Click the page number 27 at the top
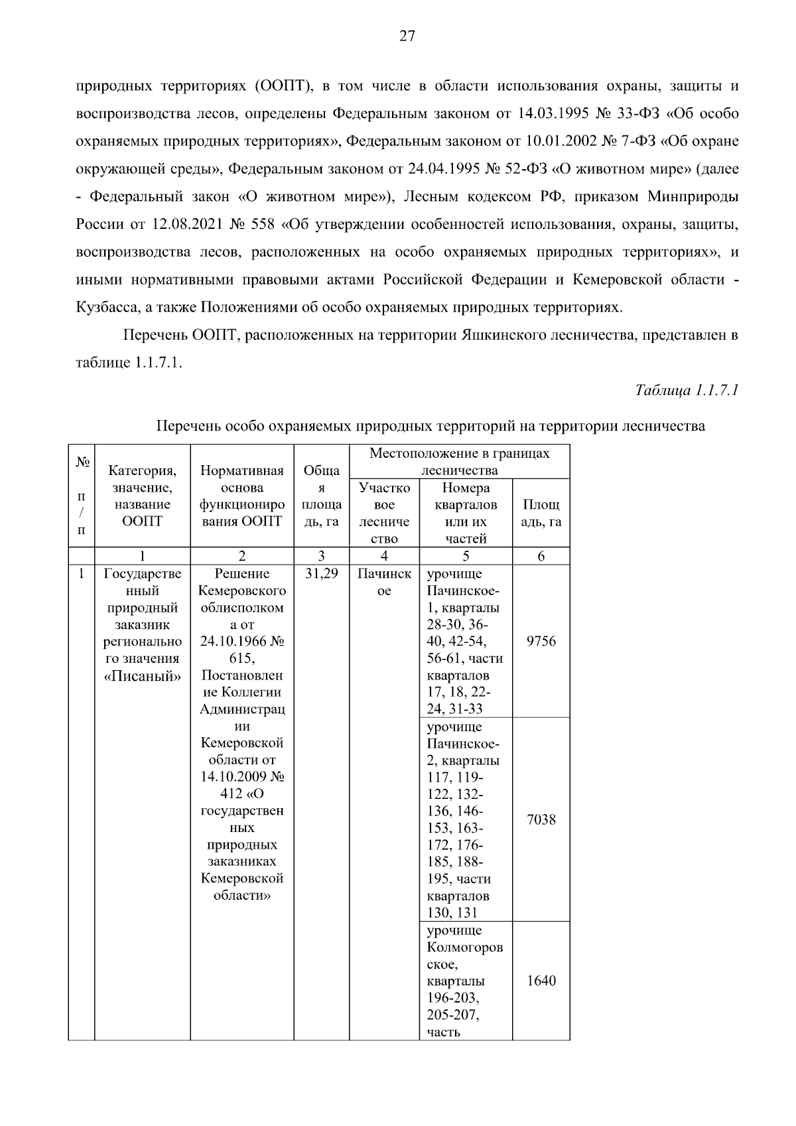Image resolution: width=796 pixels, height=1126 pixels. pos(407,36)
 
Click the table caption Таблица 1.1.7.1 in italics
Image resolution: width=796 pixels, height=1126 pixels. pos(687,390)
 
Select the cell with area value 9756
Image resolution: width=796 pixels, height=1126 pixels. pos(541,642)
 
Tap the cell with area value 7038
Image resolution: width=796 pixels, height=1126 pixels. pos(541,820)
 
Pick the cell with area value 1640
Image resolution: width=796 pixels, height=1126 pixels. pos(541,981)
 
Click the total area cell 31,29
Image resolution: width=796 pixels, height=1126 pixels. pos(321,574)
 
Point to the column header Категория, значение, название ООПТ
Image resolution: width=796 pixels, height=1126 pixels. pos(142,496)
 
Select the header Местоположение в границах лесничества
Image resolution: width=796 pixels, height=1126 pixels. pos(459,462)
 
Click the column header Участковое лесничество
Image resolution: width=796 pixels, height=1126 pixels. pos(384,513)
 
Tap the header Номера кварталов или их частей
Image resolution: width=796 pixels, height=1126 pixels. pos(465,513)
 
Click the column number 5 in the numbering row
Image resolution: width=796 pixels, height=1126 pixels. pos(465,557)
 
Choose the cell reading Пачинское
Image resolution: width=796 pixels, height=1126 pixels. pos(384,582)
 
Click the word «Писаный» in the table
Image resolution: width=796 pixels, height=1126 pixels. pos(142,676)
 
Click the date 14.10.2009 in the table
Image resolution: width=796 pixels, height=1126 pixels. pos(235,777)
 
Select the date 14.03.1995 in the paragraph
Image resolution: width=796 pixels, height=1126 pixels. pos(548,113)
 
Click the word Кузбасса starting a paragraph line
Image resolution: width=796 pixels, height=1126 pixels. pos(103,308)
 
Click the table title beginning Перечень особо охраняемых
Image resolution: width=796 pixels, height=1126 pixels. pos(431,426)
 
